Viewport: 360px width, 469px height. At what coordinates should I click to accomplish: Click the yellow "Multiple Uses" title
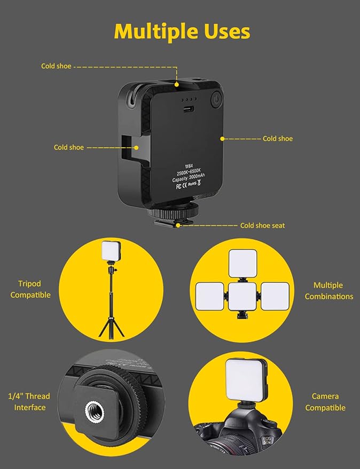point(182,31)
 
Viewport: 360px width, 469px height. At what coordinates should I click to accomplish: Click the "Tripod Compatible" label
point(30,289)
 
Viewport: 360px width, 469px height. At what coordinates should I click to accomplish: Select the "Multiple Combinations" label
point(328,291)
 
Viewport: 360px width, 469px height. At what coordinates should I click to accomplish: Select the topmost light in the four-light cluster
point(243,263)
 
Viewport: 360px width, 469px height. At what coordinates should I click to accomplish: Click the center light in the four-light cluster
point(243,297)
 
